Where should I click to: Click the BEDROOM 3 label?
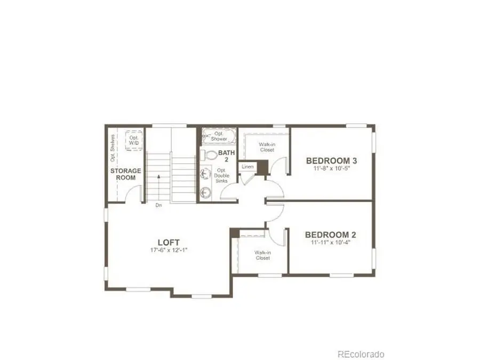[x=331, y=160]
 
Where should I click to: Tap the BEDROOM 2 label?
[x=330, y=234]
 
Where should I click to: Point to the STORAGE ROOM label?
[x=126, y=174]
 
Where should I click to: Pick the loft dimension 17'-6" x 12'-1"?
[x=168, y=250]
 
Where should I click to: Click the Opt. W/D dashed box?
[x=133, y=140]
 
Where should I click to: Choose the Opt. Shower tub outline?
[x=219, y=136]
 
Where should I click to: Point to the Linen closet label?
[x=247, y=167]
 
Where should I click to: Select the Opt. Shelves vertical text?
[x=113, y=147]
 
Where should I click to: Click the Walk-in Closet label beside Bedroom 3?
[x=267, y=147]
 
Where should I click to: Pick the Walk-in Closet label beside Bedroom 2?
[x=262, y=255]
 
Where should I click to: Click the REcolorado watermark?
[x=361, y=354]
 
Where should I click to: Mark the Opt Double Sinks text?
[x=221, y=175]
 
